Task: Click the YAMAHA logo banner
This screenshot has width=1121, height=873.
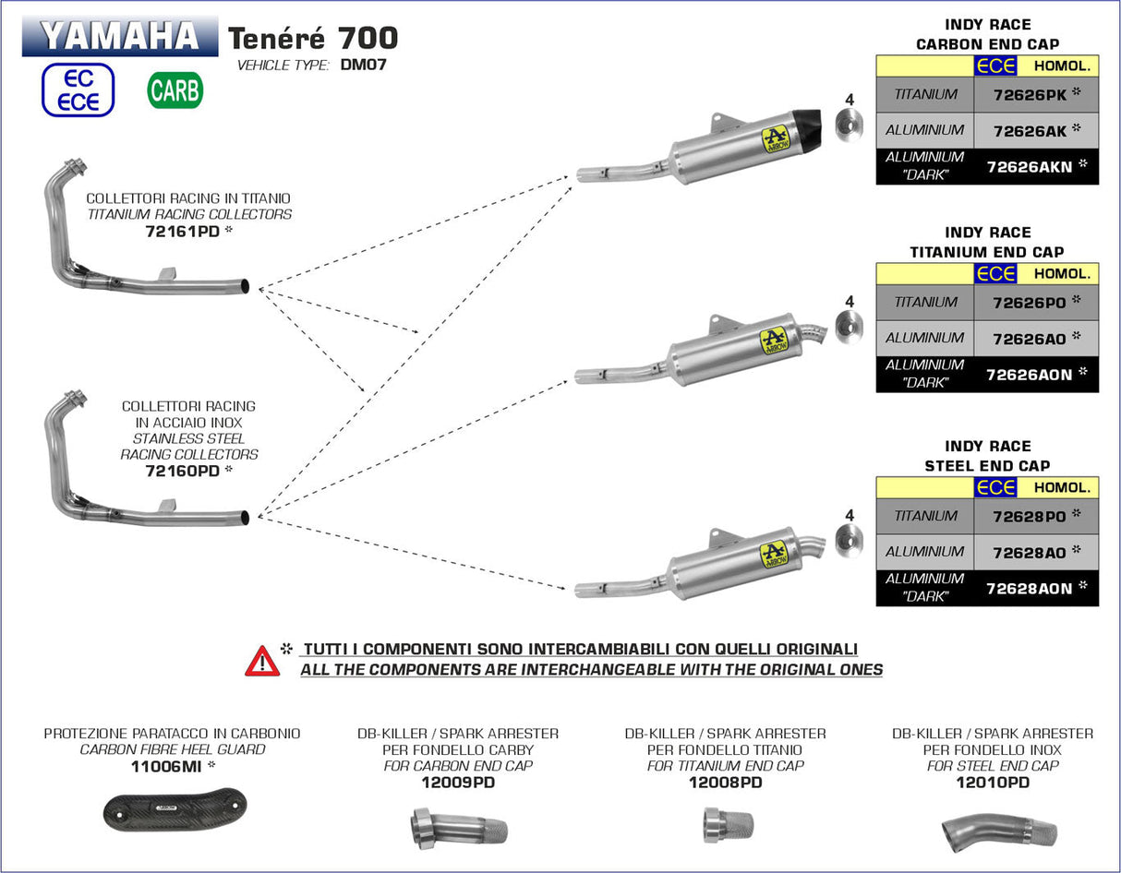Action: click(x=120, y=35)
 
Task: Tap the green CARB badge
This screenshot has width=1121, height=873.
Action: click(x=175, y=90)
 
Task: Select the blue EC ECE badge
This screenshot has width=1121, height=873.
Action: click(x=78, y=90)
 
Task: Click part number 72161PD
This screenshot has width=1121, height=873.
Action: click(x=182, y=232)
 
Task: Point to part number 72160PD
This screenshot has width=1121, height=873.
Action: click(x=182, y=471)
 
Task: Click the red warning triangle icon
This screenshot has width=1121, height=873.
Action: click(x=262, y=660)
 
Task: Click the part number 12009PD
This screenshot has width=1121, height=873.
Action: click(x=457, y=783)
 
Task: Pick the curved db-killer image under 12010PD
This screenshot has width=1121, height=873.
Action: click(x=999, y=829)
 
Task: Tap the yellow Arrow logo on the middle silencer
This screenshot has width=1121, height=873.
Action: click(x=774, y=341)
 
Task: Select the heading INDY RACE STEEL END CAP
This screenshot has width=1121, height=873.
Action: click(x=987, y=456)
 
